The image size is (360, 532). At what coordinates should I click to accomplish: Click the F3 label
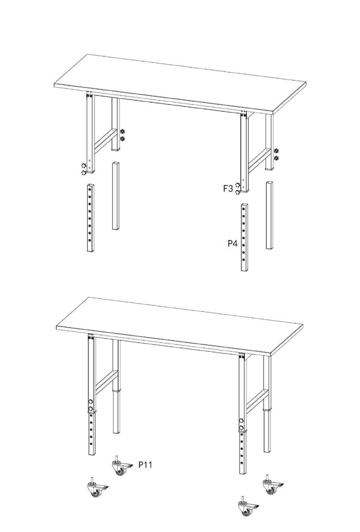[228, 188]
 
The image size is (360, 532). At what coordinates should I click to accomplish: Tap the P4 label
[233, 243]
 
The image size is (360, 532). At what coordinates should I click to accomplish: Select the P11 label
[145, 465]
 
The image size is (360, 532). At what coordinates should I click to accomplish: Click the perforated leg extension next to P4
[245, 237]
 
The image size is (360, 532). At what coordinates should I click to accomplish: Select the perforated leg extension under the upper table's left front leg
[91, 218]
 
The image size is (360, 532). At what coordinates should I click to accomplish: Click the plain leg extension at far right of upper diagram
[269, 215]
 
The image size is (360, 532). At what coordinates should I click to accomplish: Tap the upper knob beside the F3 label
[238, 185]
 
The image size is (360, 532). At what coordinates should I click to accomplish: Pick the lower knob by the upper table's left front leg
[83, 173]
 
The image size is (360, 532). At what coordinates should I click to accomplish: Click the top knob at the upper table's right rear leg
[276, 151]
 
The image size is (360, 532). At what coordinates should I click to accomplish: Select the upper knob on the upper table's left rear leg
[122, 131]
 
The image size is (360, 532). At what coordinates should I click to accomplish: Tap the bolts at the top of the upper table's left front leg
[89, 96]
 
